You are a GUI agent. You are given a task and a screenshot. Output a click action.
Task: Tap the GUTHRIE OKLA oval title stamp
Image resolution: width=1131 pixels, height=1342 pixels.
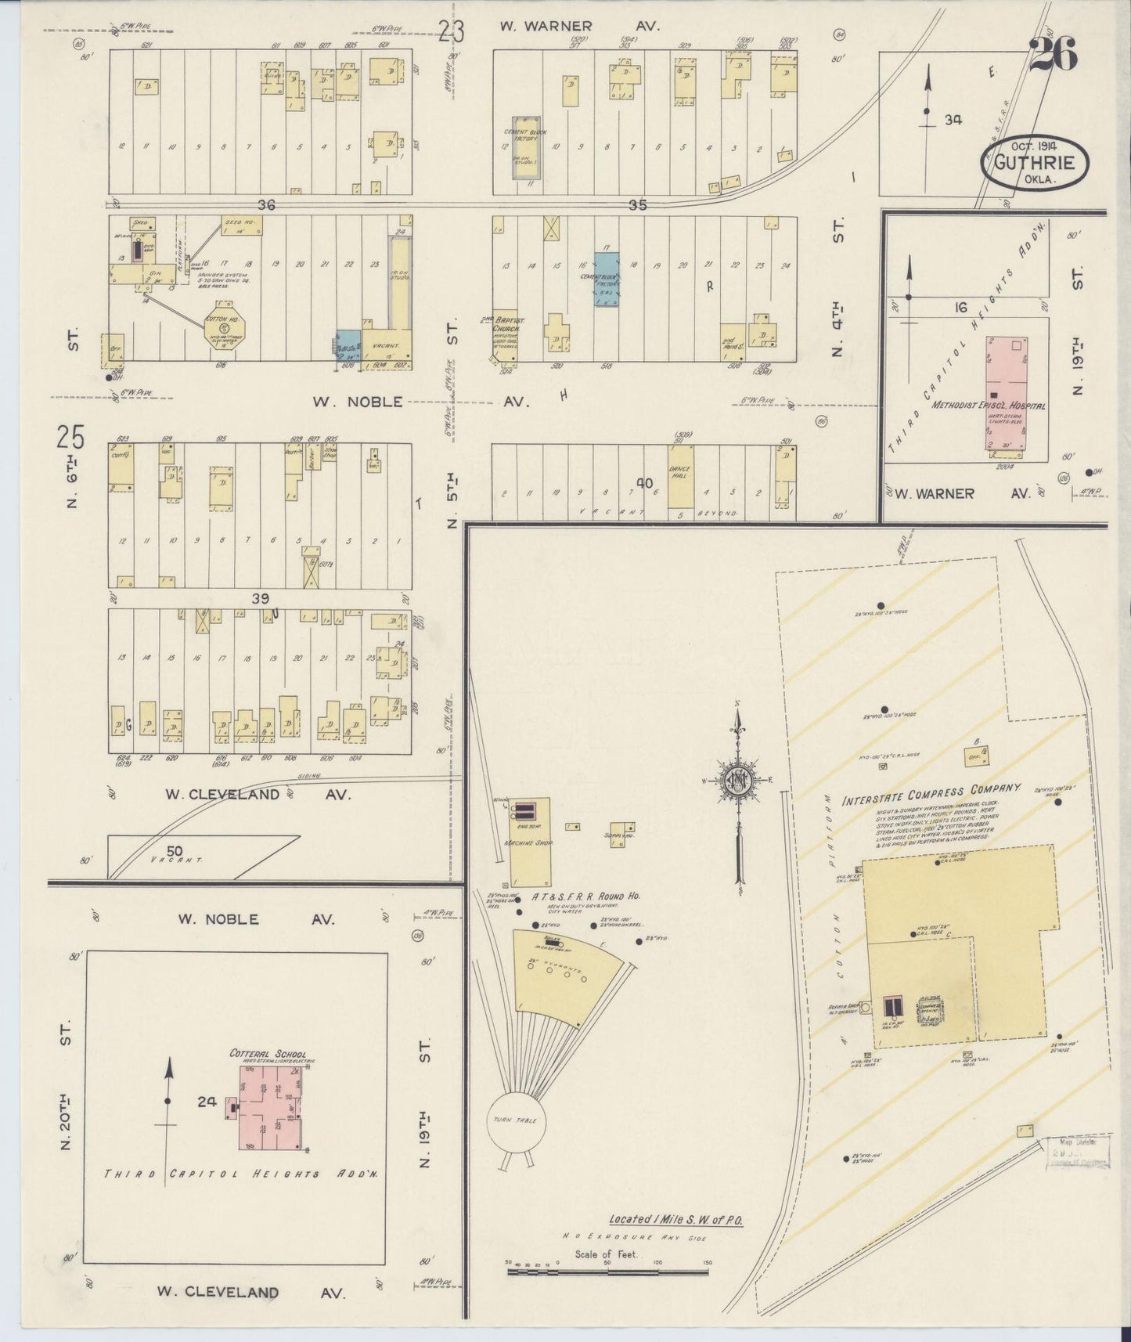(1034, 164)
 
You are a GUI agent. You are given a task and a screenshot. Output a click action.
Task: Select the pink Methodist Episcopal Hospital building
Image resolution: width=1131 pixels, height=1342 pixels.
(1006, 392)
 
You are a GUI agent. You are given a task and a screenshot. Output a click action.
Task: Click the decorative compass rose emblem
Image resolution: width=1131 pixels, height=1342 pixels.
(737, 780)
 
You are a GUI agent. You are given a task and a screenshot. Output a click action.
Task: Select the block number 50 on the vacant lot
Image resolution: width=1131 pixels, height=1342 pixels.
(175, 850)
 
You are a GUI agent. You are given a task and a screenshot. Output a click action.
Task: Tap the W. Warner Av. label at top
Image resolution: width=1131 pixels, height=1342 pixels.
(580, 26)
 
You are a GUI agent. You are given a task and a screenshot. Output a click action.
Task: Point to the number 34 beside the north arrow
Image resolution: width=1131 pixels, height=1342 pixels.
(952, 120)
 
